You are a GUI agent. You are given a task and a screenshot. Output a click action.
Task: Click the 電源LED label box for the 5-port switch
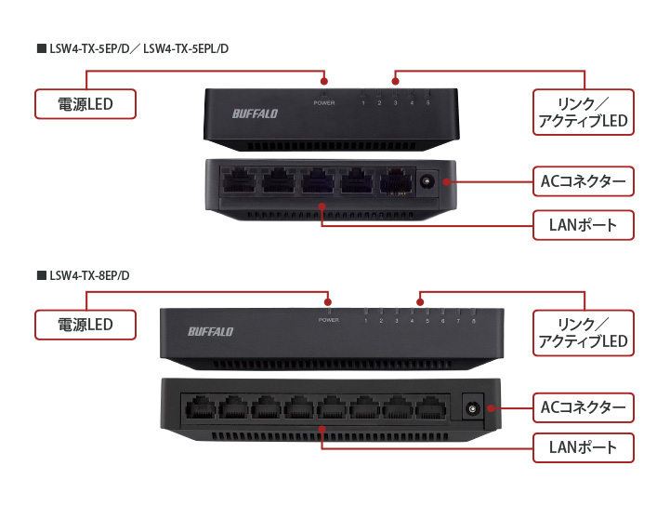tap(85, 104)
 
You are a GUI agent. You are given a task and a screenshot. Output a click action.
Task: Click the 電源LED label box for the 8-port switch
tap(85, 325)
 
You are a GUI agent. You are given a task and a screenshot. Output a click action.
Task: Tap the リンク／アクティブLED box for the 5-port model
tap(583, 112)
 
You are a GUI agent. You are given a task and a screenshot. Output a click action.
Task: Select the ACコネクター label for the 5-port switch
tap(583, 181)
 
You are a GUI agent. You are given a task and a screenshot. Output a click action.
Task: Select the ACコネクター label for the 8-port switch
tap(583, 406)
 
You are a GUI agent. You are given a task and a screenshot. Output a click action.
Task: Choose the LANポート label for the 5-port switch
tap(583, 225)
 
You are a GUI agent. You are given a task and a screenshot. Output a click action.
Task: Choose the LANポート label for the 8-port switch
tap(583, 448)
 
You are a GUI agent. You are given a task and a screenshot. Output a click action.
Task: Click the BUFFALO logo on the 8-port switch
tap(211, 331)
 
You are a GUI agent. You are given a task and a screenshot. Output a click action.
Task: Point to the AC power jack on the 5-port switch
tap(428, 182)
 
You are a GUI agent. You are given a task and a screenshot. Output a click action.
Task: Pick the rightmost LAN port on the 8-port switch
tap(430, 406)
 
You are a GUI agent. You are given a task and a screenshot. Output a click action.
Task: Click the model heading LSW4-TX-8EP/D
tap(89, 275)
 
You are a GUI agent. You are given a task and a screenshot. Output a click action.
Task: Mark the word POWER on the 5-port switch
tap(323, 103)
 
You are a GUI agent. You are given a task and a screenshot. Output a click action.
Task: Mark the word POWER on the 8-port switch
tap(329, 321)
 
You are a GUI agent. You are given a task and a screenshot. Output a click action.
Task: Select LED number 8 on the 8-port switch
tap(473, 321)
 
